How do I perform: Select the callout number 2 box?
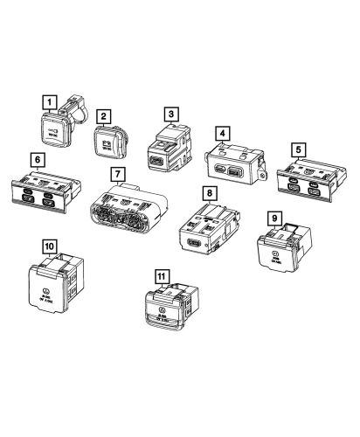104,114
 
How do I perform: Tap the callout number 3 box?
171,113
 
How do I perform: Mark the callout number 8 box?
207,191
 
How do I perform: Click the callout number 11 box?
160,275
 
